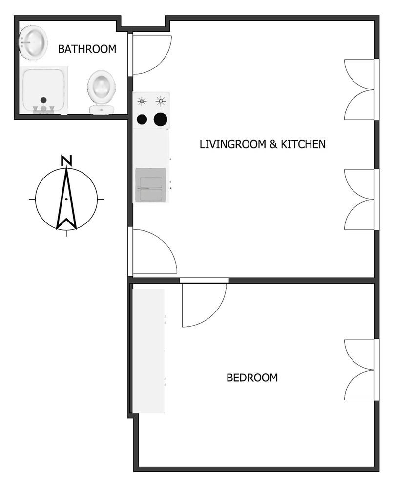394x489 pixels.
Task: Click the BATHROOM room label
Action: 87,49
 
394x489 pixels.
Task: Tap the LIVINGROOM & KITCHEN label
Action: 262,144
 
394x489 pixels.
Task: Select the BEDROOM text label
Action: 252,378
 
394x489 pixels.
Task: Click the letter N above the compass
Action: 66,160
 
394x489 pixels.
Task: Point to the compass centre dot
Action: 66,199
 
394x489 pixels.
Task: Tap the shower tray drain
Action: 43,100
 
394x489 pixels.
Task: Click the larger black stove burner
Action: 160,119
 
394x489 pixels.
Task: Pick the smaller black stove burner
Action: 142,119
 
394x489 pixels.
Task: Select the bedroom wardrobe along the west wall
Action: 149,351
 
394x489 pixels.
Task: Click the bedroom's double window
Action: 361,370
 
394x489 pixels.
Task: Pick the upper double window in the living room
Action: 361,90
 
